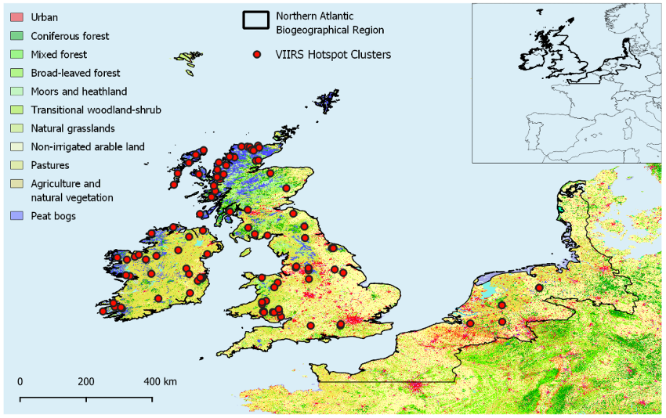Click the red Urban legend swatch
tap(14, 17)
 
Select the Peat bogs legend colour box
tap(14, 215)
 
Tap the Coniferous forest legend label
tap(70, 36)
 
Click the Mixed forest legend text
tap(59, 55)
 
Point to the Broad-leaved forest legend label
tap(75, 73)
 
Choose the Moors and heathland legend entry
tap(78, 92)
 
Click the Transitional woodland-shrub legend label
tap(96, 110)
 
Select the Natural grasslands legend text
tap(73, 128)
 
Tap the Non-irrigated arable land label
tap(88, 146)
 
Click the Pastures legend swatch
tap(14, 165)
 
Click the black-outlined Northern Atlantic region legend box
tap(255, 21)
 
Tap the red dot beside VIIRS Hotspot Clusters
tap(255, 55)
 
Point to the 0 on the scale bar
tap(20, 381)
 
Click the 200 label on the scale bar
tap(86, 381)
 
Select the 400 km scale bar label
tap(159, 381)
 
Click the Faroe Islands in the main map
tap(186, 57)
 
